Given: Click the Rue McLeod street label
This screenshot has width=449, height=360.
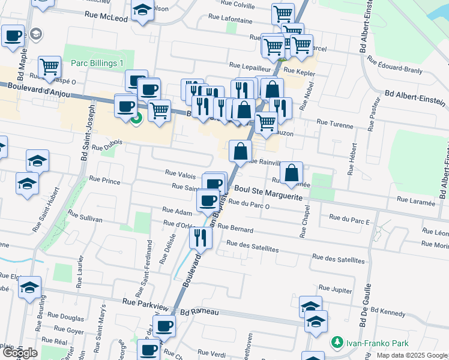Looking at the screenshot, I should [106, 19].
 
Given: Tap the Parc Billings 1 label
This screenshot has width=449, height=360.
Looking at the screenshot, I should [97, 64].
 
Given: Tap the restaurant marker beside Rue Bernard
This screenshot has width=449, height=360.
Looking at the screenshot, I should [200, 238].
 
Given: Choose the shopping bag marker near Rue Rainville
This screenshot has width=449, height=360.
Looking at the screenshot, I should [240, 152].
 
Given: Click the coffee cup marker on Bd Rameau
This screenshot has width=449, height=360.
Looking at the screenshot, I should [164, 327].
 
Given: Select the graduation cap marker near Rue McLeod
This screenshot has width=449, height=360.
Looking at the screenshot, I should [142, 11].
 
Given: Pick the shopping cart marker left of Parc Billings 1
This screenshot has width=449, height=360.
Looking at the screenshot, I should [49, 66].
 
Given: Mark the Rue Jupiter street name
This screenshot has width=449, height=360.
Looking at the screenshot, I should [335, 290].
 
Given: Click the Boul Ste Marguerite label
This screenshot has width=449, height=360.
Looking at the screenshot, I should [268, 189].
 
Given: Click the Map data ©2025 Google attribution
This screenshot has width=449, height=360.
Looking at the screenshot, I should [411, 355].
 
